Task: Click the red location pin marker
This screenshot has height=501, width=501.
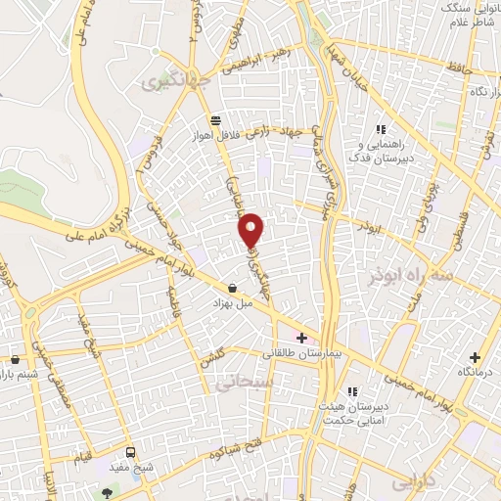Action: [252, 230]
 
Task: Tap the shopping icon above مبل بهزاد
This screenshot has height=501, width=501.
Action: [232, 288]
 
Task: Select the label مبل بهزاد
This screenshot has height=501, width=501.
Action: [233, 304]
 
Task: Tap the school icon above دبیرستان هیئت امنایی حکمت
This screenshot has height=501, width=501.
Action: [351, 391]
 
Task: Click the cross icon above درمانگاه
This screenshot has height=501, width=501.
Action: [475, 358]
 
